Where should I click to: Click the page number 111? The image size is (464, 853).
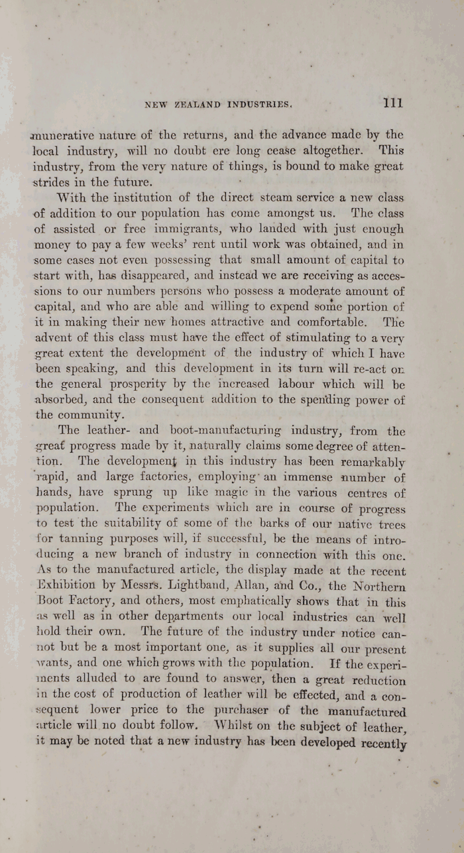pyautogui.click(x=392, y=103)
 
